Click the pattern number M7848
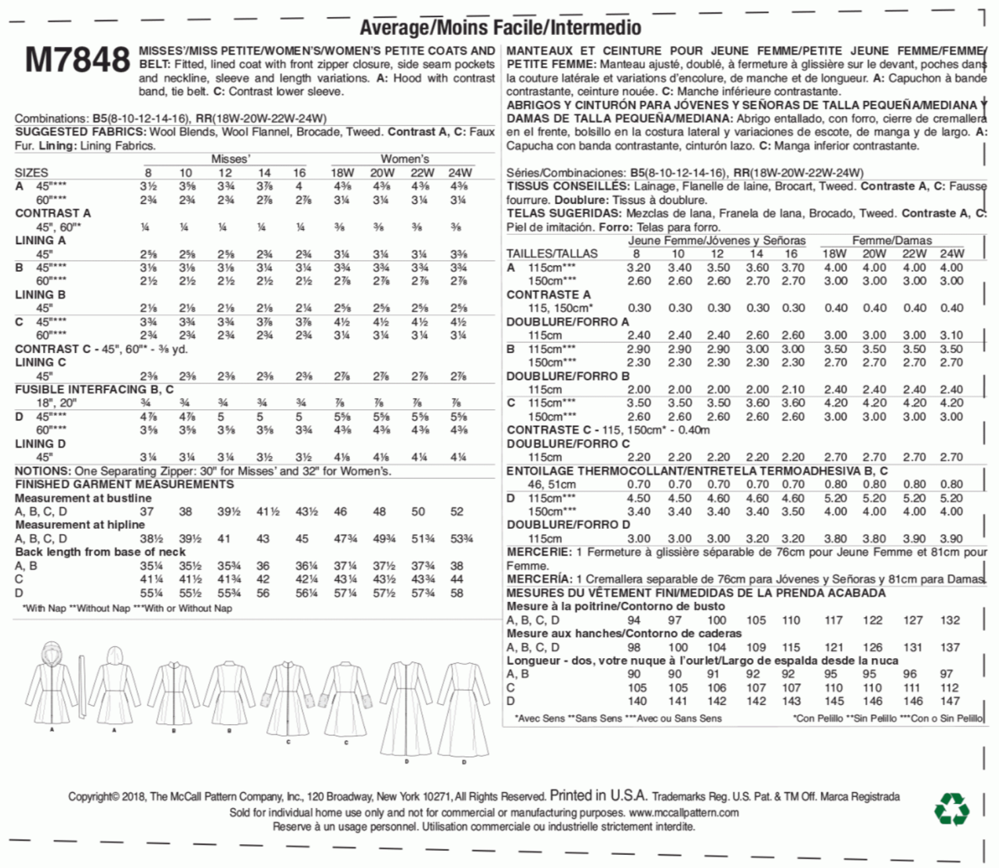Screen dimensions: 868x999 (x=77, y=60)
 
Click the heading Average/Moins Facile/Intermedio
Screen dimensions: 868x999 (x=500, y=27)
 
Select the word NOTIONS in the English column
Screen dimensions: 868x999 (x=42, y=471)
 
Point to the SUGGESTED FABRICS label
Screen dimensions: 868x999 (x=80, y=132)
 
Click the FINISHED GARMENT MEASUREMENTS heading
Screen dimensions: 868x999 (x=124, y=484)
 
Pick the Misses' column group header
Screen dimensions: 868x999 (x=230, y=159)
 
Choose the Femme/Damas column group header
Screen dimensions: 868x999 (x=891, y=240)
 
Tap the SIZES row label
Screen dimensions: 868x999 (x=31, y=173)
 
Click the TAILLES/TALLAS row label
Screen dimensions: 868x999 (x=551, y=254)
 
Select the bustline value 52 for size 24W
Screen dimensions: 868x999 (x=457, y=512)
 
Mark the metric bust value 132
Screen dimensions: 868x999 (x=949, y=620)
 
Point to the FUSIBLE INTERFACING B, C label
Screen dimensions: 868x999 (x=94, y=389)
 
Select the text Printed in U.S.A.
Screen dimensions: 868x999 (x=598, y=795)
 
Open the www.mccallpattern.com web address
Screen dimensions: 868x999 (x=683, y=813)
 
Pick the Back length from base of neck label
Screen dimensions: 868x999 (x=100, y=552)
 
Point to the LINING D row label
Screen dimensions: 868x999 (x=40, y=444)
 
